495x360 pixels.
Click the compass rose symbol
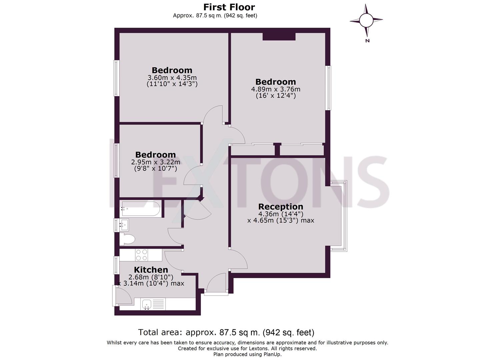pyautogui.click(x=366, y=20)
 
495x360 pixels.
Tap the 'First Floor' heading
pyautogui.click(x=229, y=7)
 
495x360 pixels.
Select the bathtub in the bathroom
pyautogui.click(x=140, y=209)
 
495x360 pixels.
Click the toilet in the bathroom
pyautogui.click(x=128, y=239)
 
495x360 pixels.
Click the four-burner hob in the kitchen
pyautogui.click(x=141, y=255)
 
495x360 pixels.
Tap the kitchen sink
pyautogui.click(x=147, y=304)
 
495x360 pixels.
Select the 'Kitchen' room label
pyautogui.click(x=151, y=270)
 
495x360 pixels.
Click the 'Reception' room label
pyautogui.click(x=280, y=206)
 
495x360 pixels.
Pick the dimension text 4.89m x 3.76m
pyautogui.click(x=275, y=89)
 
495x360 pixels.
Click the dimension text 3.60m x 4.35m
pyautogui.click(x=172, y=78)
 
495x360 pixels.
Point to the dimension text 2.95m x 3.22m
pyautogui.click(x=155, y=162)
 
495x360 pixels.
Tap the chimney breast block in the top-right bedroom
pyautogui.click(x=279, y=36)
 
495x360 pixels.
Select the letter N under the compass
pyautogui.click(x=367, y=41)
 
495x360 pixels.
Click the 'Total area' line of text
pyautogui.click(x=226, y=332)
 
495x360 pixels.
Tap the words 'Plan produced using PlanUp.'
pyautogui.click(x=247, y=354)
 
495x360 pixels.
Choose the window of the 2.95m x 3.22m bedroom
pyautogui.click(x=116, y=160)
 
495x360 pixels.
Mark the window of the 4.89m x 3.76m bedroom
pyautogui.click(x=329, y=88)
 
